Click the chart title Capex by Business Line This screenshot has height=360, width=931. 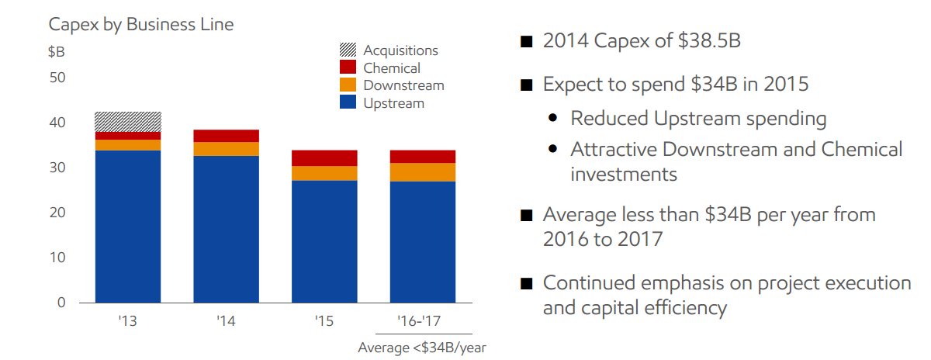click(x=140, y=24)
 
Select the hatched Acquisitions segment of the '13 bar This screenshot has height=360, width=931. click(x=128, y=122)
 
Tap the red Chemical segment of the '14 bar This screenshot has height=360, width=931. click(x=226, y=136)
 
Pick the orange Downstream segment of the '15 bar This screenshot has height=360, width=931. click(x=324, y=173)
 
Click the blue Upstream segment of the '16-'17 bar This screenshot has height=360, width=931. click(x=422, y=241)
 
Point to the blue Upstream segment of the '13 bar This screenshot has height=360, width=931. click(x=128, y=226)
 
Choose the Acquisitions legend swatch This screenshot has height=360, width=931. click(x=348, y=50)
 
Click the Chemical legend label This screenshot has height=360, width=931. click(x=392, y=68)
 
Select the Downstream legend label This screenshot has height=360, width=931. click(x=403, y=85)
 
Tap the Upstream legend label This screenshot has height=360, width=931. click(x=393, y=103)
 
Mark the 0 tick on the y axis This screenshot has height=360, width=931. click(x=61, y=303)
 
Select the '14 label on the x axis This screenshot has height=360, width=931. click(x=226, y=320)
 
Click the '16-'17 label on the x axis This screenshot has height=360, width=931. click(x=422, y=320)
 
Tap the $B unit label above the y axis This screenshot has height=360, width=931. click(x=56, y=52)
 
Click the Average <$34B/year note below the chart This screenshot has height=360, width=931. click(x=422, y=347)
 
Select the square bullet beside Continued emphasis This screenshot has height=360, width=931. click(x=527, y=284)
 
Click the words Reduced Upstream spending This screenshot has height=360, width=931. click(x=698, y=119)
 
